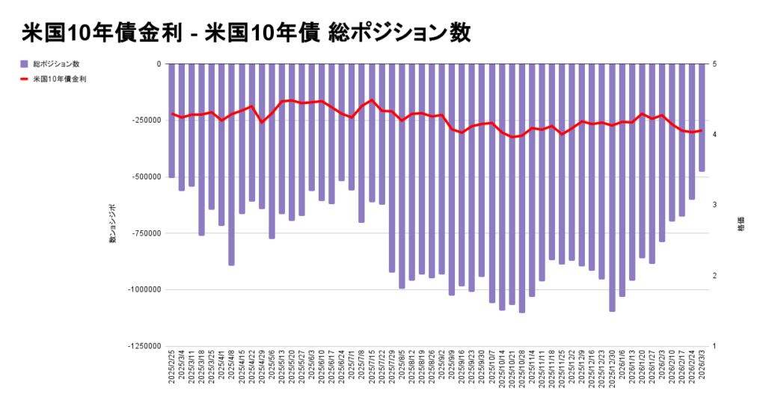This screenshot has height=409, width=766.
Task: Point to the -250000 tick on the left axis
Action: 146,120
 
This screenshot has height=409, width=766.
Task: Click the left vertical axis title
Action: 113,224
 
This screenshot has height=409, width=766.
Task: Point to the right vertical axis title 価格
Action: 741,224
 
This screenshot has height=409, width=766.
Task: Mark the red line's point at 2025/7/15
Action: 372,100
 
